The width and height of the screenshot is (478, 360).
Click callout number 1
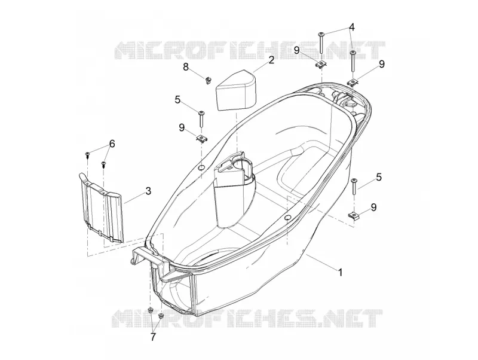[x=341, y=271]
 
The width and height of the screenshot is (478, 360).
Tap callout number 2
[x=271, y=60]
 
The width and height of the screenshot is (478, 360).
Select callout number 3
[x=148, y=191]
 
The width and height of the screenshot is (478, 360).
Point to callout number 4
[x=352, y=27]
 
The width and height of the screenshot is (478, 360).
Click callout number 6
[x=112, y=144]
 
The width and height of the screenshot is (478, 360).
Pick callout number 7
[x=153, y=337]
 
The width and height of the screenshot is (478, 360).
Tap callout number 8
[x=186, y=67]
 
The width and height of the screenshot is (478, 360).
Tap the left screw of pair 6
[x=87, y=155]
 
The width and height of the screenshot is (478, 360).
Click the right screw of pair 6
[x=103, y=164]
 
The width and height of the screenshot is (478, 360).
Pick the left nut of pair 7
[x=151, y=311]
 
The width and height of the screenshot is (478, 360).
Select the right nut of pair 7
[x=161, y=316]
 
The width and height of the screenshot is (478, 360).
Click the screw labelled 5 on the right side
[x=354, y=187]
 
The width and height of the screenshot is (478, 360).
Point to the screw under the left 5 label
[x=201, y=120]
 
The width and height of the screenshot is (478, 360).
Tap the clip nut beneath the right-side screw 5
[x=354, y=215]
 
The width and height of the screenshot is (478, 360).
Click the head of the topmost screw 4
[x=321, y=33]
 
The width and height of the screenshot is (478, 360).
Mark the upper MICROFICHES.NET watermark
[x=249, y=50]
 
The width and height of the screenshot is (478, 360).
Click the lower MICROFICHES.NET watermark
[x=247, y=318]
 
